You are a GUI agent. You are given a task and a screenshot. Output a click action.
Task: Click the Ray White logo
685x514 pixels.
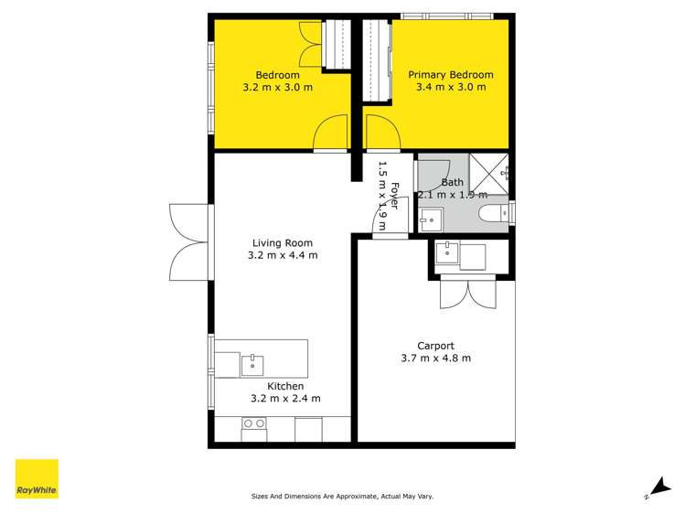37,479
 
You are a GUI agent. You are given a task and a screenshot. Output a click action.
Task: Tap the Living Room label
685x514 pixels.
283,243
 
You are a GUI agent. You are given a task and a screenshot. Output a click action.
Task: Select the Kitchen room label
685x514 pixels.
285,386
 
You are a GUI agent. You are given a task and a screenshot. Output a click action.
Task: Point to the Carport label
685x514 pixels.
435,346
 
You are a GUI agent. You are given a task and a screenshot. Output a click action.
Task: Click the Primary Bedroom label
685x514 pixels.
450,75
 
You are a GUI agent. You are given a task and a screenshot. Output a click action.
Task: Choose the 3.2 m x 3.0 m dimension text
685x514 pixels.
277,88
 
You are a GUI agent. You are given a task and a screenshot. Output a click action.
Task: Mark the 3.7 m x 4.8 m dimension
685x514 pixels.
435,359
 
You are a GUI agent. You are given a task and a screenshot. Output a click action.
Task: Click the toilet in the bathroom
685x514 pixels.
495,214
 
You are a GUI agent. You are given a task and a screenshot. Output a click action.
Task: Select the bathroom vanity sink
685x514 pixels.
431,220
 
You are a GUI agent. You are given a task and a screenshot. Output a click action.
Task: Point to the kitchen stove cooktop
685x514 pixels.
254,424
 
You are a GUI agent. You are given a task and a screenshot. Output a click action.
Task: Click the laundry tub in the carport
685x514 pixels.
449,255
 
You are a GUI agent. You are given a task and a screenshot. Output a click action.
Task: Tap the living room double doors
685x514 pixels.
190,244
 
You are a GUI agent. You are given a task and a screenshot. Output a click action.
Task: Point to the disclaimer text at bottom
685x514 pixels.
342,497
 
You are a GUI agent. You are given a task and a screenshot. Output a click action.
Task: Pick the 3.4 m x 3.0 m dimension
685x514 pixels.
450,88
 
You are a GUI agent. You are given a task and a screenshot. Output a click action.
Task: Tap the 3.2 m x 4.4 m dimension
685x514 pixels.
283,256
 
